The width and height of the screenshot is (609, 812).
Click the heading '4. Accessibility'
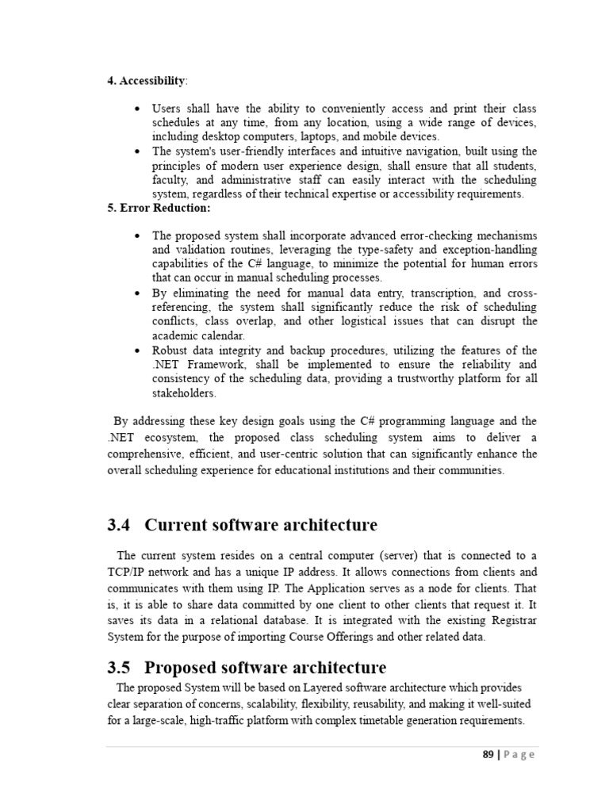click(x=147, y=81)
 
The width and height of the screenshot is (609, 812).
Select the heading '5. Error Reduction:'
click(x=159, y=208)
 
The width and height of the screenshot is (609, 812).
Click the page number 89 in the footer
click(x=488, y=755)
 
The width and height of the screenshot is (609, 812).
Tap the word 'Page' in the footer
click(x=520, y=755)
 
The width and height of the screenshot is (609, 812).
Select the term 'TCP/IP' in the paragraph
click(x=127, y=572)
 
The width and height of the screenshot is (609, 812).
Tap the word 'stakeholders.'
click(x=184, y=393)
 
